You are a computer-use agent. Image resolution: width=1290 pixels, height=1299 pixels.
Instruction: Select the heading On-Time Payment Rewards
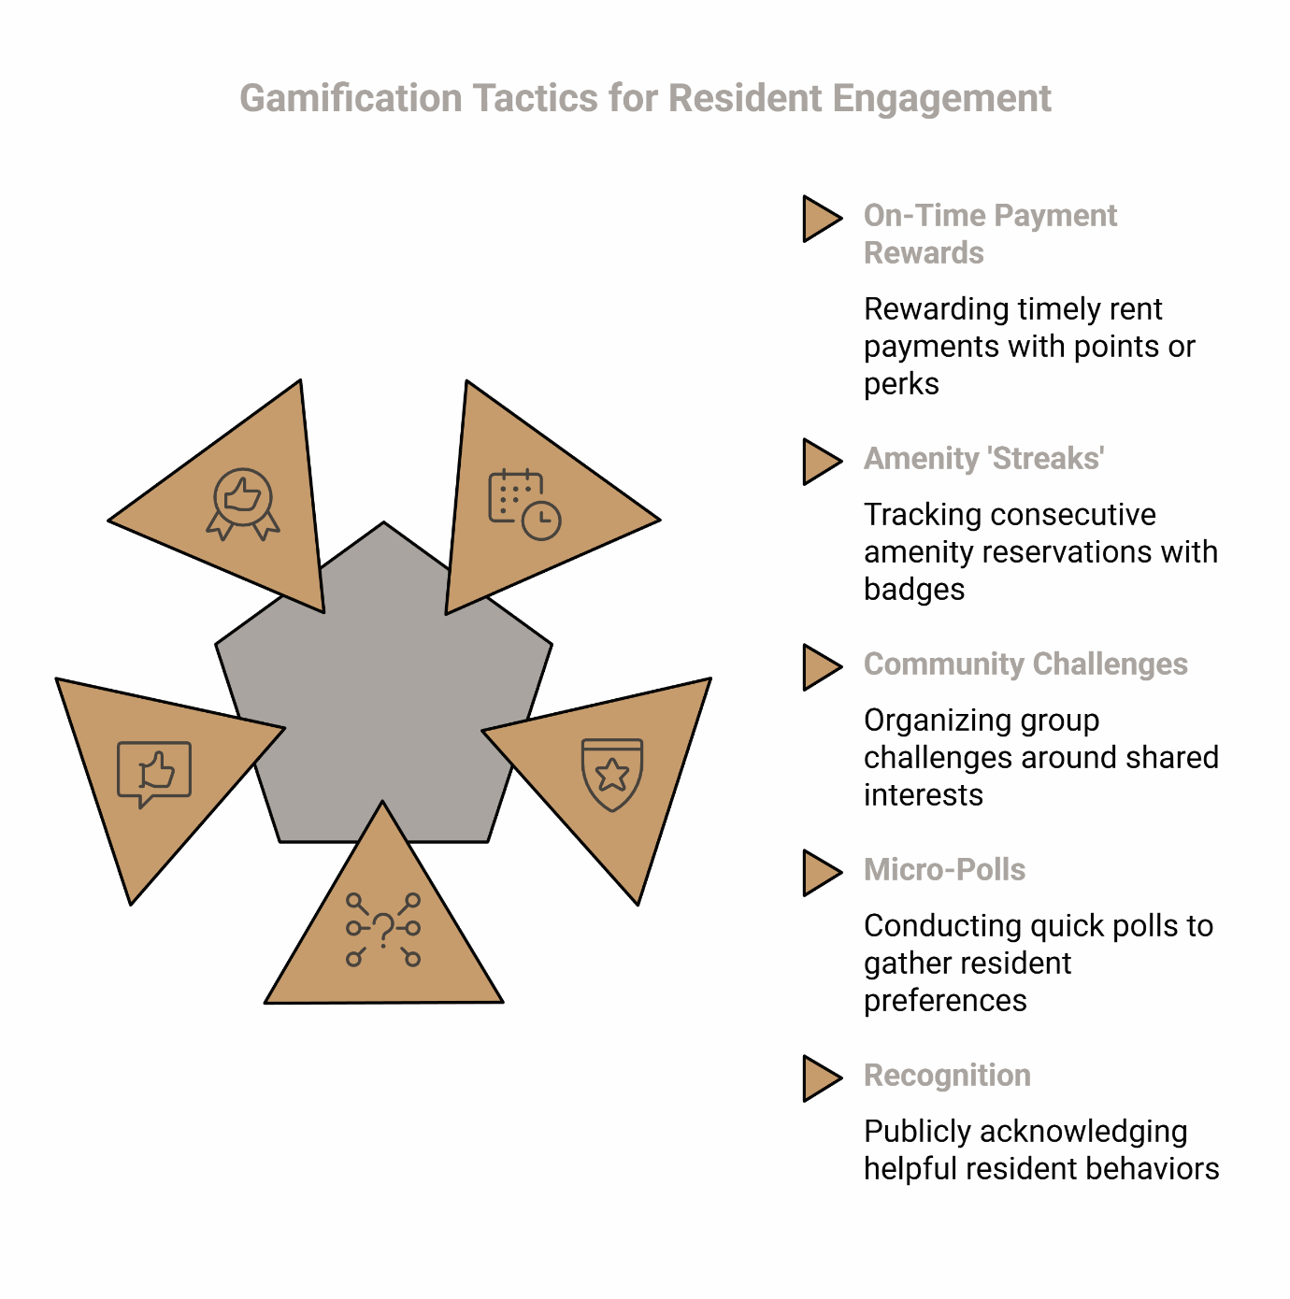point(989,234)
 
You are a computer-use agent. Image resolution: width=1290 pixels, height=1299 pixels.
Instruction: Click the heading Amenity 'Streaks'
point(983,458)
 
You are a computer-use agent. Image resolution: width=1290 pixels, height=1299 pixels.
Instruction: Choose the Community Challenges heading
point(1025,664)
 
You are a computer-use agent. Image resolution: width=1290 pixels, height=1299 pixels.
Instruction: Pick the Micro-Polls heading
point(944,869)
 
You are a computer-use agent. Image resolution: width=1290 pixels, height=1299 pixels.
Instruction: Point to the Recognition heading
point(946,1075)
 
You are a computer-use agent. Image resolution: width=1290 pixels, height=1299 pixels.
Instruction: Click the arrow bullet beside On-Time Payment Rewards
point(821,219)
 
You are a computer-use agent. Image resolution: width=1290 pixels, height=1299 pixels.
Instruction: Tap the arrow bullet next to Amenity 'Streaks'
point(821,462)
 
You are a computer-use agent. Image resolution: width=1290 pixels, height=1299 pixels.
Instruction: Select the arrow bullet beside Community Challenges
point(821,667)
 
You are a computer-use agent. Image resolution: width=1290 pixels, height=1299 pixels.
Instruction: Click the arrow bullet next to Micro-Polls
point(821,873)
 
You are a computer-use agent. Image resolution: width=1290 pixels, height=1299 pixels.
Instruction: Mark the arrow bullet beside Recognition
point(821,1078)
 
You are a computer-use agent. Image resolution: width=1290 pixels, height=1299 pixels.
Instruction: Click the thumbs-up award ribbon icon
point(243,505)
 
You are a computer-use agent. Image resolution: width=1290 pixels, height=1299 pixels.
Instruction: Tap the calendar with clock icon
point(523,505)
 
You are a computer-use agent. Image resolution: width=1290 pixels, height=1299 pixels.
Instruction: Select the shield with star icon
point(612,774)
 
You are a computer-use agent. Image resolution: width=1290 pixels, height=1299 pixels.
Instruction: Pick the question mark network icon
point(383,929)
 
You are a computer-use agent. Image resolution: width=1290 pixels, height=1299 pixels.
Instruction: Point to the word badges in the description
point(913,590)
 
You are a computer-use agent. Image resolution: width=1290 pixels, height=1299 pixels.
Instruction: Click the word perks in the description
point(900,384)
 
